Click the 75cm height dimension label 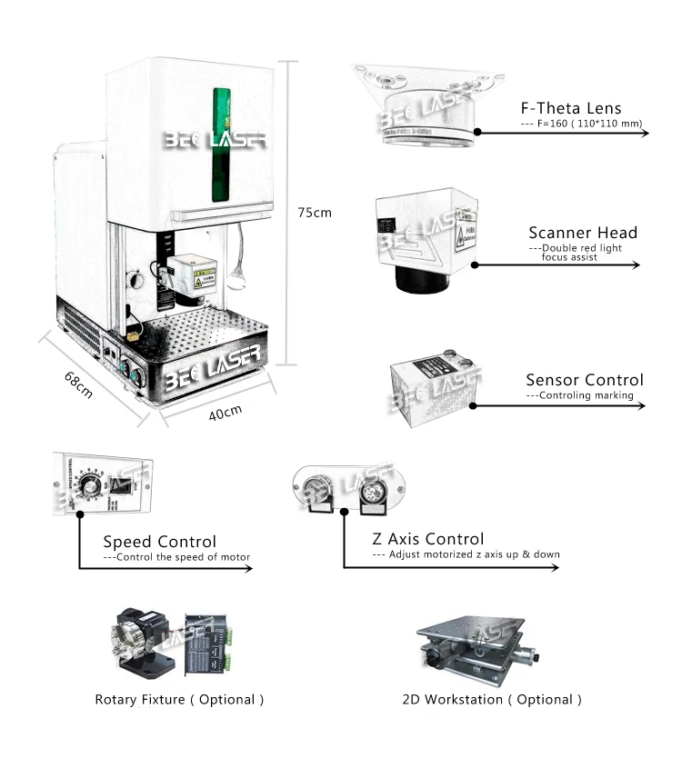pos(315,213)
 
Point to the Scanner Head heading pos(583,233)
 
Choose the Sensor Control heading pos(584,380)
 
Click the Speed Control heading pos(159,543)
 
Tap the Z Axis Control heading pos(428,539)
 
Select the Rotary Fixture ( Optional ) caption pos(179,700)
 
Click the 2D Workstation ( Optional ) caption pos(491,700)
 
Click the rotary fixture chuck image pos(142,641)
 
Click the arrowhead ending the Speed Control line pos(250,568)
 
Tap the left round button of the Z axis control pos(322,488)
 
